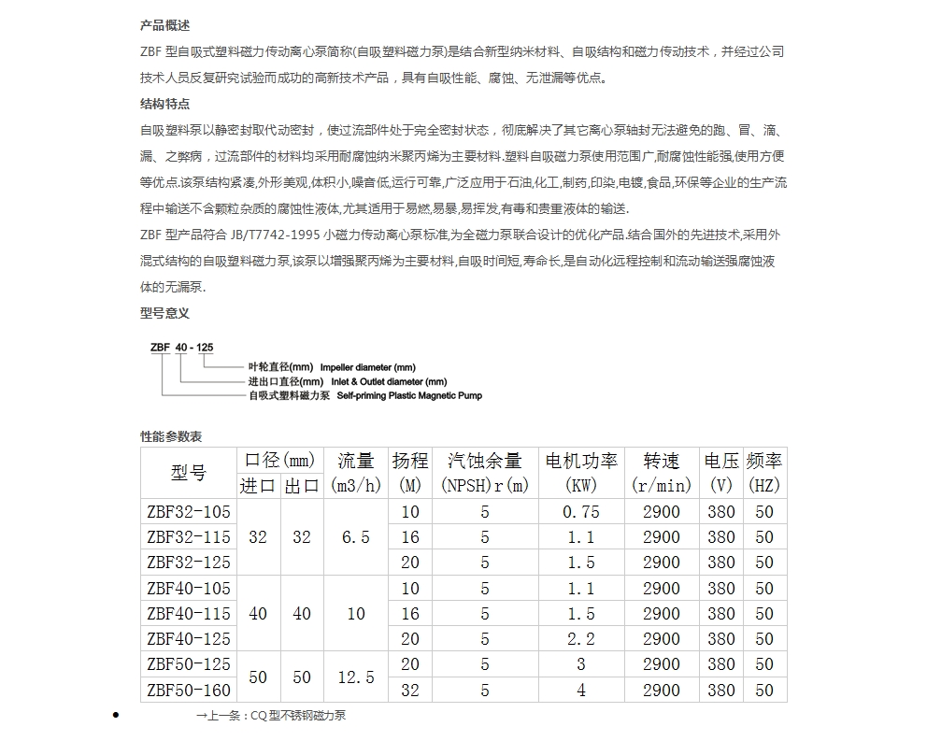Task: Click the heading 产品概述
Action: point(164,25)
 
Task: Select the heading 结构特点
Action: point(164,104)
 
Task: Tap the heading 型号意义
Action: point(164,313)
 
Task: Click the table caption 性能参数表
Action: point(171,436)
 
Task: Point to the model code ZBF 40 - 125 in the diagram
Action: point(181,348)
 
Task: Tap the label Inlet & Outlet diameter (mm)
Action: point(383,382)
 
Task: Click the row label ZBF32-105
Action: point(188,512)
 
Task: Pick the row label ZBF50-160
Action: point(188,690)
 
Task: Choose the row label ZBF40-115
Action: point(188,614)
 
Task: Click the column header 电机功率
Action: point(581,461)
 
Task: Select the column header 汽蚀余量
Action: point(484,461)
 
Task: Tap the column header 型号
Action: point(188,473)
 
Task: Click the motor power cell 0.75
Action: point(580,512)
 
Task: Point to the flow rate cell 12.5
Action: point(355,677)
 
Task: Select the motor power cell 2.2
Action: point(580,639)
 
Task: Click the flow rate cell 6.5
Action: point(355,537)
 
